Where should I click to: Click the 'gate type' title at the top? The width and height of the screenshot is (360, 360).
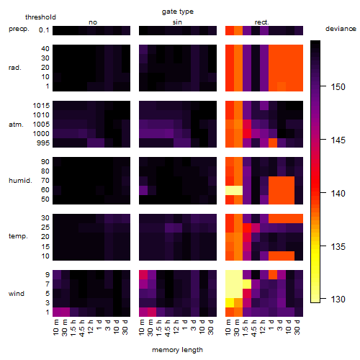(178, 12)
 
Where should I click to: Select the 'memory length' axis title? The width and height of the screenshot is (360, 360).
(177, 350)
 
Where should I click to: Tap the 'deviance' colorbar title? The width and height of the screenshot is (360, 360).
(341, 29)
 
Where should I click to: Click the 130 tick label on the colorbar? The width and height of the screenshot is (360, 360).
(338, 299)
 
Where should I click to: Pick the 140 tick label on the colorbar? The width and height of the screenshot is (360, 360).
(338, 193)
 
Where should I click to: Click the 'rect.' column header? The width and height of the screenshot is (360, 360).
(262, 22)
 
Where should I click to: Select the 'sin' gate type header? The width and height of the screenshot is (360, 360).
(177, 22)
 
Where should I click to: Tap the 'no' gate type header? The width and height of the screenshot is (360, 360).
(93, 22)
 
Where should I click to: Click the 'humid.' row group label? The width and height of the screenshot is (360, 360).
(20, 181)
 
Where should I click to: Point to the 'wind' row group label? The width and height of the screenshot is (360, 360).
(17, 294)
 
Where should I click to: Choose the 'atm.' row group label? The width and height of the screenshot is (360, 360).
(16, 125)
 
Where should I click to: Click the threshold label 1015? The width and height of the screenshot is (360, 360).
(41, 106)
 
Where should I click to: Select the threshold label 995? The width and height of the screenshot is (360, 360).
(43, 143)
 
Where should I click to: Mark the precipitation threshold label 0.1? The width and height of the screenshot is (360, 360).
(44, 30)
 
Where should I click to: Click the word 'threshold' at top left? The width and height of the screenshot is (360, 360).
(40, 17)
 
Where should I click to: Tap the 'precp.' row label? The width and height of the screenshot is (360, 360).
(19, 29)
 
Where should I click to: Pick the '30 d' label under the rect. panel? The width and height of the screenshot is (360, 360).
(297, 328)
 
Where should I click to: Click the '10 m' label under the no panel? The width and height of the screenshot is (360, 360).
(55, 328)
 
